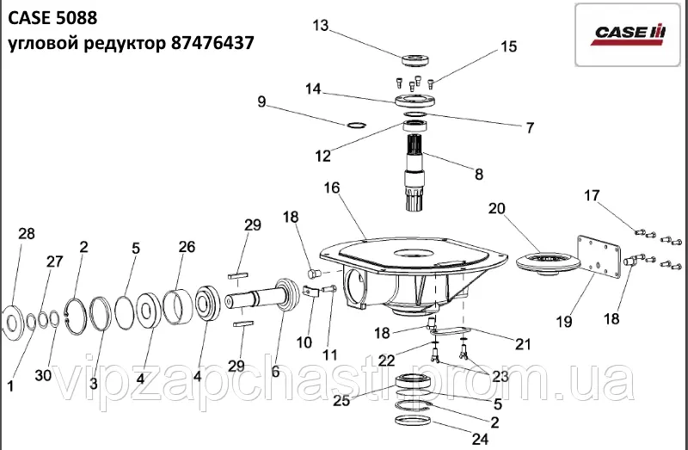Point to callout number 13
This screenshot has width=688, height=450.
click(x=321, y=26)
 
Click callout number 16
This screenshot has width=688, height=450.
click(x=332, y=188)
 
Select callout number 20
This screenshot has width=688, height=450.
click(x=497, y=208)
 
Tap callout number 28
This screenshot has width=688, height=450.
click(x=27, y=234)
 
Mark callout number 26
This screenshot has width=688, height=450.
click(x=187, y=247)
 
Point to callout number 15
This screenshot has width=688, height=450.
click(x=508, y=46)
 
